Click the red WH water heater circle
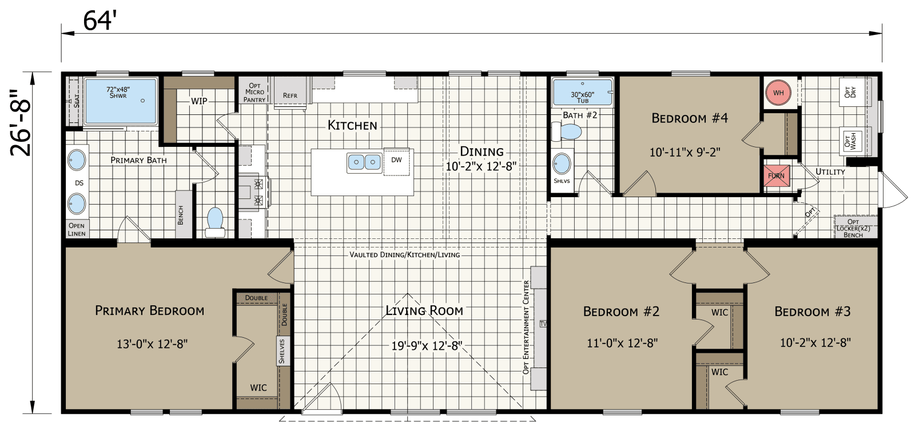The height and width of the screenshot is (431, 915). [x=778, y=93]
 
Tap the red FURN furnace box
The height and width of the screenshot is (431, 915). [x=777, y=175]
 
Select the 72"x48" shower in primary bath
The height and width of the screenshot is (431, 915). [x=121, y=101]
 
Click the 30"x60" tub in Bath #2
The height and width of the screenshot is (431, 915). [x=582, y=92]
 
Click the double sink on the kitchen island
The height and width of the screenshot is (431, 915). [x=364, y=163]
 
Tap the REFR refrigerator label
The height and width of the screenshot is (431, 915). [x=290, y=95]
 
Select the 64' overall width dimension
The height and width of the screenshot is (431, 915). [x=100, y=21]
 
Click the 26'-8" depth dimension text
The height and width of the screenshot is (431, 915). [x=21, y=122]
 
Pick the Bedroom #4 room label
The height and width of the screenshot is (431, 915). [x=690, y=118]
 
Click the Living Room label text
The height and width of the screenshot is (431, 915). [x=424, y=310]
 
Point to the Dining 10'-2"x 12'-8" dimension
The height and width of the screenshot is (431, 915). [x=481, y=166]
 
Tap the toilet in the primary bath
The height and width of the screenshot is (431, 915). [x=215, y=222]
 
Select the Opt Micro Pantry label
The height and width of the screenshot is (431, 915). [x=254, y=93]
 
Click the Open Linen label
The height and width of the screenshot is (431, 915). [x=77, y=229]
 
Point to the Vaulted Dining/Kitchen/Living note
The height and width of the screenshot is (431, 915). [x=404, y=254]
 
